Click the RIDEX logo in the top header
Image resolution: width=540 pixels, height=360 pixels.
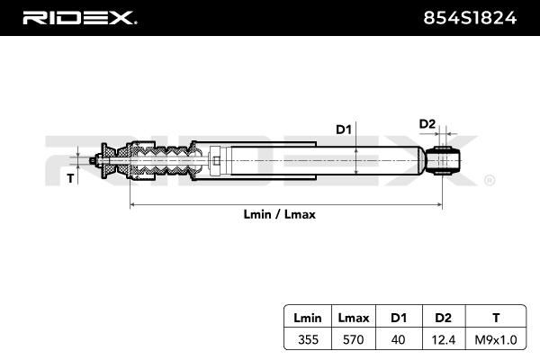pyautogui.click(x=80, y=17)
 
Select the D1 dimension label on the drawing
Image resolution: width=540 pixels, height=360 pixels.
pyautogui.click(x=343, y=130)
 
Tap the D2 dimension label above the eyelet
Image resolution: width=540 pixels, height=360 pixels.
pyautogui.click(x=427, y=123)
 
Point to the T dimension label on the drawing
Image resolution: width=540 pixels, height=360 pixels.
pyautogui.click(x=71, y=178)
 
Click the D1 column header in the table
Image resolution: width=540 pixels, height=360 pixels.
pyautogui.click(x=397, y=317)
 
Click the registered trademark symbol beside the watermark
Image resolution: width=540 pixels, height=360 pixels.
pyautogui.click(x=489, y=181)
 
